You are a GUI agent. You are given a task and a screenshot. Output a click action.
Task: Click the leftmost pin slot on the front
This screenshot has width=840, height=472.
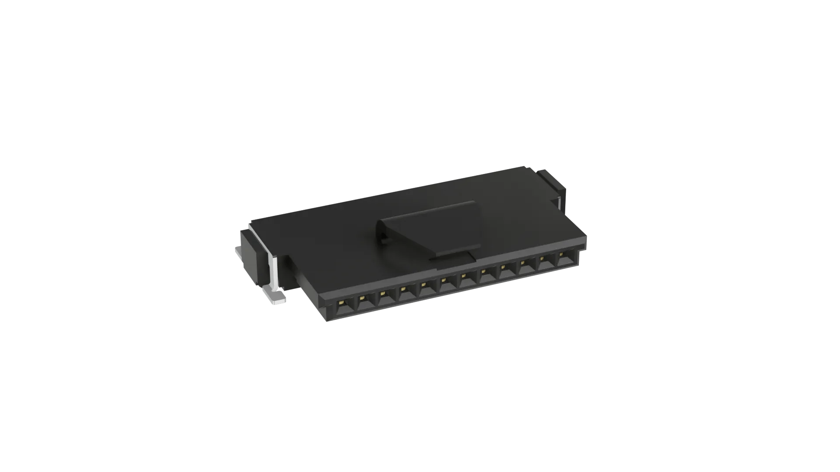click(x=343, y=306)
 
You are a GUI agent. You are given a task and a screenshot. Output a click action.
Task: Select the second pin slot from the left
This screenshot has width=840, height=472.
click(x=363, y=302)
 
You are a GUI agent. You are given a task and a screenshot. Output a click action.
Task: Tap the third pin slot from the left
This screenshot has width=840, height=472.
click(x=384, y=297)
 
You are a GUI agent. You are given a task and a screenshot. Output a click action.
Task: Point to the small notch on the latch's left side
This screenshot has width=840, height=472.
click(x=382, y=238)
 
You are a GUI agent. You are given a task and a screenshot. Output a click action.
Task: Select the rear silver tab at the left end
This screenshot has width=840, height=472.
click(x=238, y=252)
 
